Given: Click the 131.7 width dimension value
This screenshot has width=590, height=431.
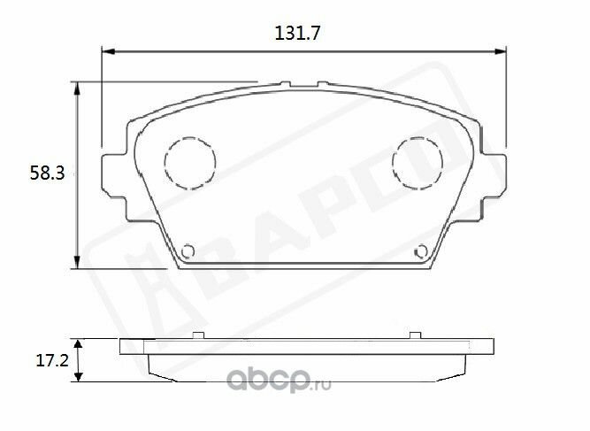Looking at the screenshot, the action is tap(297, 33).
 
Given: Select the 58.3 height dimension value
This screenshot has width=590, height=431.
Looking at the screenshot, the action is tap(48, 173).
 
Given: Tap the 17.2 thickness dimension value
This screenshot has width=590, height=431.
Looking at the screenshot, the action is tap(52, 360).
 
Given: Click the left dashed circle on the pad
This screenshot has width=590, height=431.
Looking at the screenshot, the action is tap(190, 163).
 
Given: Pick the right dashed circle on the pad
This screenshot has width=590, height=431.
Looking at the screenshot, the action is tap(418, 163).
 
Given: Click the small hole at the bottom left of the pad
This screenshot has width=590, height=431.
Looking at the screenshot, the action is tap(188, 251).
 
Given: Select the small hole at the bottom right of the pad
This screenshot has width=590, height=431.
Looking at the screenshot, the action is tap(421, 251).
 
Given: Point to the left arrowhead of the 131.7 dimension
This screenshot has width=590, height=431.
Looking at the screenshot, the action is tap(109, 51).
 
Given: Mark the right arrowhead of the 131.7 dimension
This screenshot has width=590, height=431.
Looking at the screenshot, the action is tap(500, 51).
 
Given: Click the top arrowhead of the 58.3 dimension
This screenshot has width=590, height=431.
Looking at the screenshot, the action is tap(77, 89).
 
